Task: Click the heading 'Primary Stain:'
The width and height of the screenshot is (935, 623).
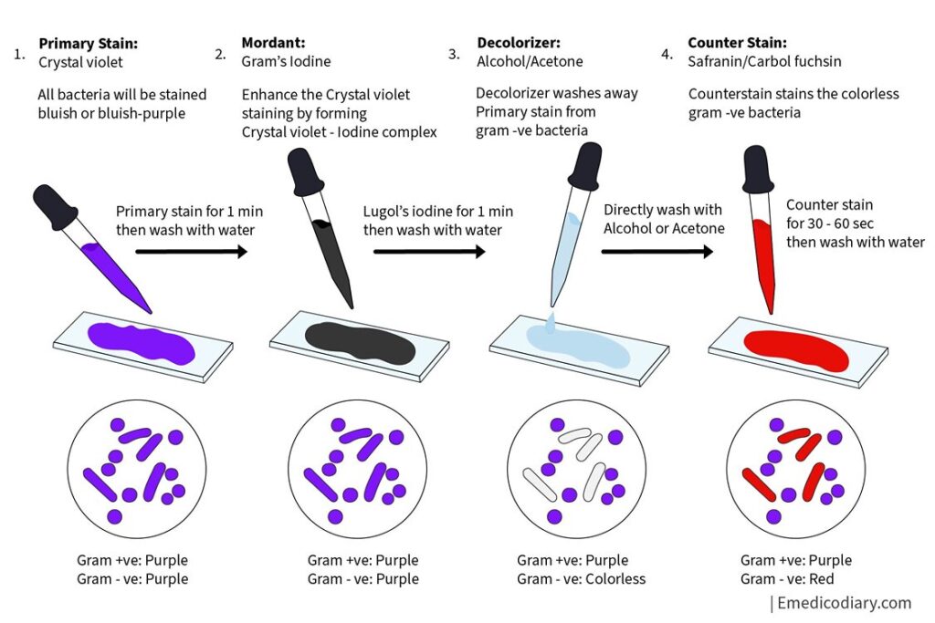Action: [x=88, y=44]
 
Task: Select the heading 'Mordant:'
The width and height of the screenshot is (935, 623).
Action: [x=273, y=42]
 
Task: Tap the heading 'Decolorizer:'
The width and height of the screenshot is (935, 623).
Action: [x=519, y=42]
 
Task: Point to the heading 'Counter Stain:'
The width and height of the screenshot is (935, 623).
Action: [x=737, y=42]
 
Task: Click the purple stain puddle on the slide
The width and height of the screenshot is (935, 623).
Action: [x=142, y=344]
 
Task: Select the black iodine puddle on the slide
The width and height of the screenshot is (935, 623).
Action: [x=360, y=343]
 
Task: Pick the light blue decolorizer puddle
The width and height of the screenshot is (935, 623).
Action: [x=577, y=346]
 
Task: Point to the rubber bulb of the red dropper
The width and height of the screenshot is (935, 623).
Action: [x=757, y=170]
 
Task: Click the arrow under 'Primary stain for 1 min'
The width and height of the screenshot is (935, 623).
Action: [x=192, y=252]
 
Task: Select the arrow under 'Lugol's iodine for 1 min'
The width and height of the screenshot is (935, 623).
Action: [x=429, y=252]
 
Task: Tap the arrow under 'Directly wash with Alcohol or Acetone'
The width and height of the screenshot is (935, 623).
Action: [x=657, y=252]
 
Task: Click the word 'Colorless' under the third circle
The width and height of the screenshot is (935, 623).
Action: [x=615, y=579]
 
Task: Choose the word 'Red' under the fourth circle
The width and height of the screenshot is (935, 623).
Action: [x=821, y=579]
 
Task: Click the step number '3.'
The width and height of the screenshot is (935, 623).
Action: [x=455, y=54]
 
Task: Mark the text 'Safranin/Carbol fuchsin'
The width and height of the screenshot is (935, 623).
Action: [x=764, y=61]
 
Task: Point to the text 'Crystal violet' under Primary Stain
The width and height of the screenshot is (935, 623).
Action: [x=80, y=63]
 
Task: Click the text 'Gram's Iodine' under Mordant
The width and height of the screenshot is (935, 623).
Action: [x=286, y=61]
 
